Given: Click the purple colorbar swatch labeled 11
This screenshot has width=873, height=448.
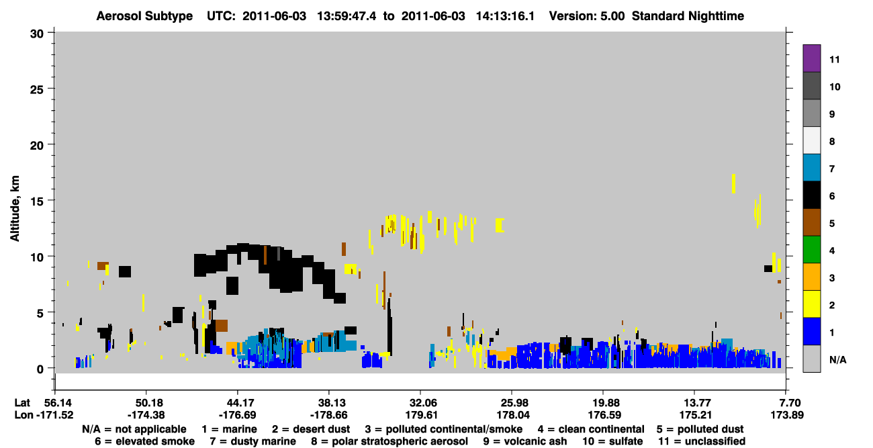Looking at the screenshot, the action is click(x=811, y=58).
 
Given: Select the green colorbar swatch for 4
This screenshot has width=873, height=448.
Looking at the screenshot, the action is click(x=811, y=250).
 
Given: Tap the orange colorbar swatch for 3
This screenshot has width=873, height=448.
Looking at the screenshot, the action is click(x=811, y=277).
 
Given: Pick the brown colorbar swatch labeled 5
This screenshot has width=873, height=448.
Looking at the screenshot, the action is click(x=811, y=222).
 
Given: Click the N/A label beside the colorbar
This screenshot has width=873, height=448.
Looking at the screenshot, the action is click(x=837, y=359).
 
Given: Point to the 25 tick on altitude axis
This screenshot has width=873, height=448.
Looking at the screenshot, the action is click(x=37, y=89).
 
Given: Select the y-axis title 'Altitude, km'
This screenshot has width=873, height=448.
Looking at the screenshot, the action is click(x=14, y=209).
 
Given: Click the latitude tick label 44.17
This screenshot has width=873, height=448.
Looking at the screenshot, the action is click(x=237, y=403).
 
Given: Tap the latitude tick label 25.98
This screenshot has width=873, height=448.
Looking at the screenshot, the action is click(x=512, y=403).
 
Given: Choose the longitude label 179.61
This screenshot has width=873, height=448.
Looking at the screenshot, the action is click(x=421, y=415).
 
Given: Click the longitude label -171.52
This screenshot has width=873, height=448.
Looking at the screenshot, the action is click(x=54, y=415).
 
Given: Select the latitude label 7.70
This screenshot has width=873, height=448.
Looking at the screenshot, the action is click(x=787, y=403).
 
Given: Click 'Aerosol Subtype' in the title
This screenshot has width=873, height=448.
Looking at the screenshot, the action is click(x=144, y=16).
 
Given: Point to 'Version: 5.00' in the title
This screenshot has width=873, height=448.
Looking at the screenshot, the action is click(x=587, y=16).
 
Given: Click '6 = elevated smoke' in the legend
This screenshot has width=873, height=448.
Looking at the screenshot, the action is click(x=144, y=441).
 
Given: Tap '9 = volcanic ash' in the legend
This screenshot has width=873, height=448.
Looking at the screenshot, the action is click(x=525, y=441).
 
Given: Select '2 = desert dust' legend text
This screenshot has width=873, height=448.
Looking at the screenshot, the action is click(x=311, y=429).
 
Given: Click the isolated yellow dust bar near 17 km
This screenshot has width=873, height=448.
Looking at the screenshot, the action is click(x=733, y=183).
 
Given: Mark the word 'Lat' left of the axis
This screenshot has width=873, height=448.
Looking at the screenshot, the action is click(x=22, y=403).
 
